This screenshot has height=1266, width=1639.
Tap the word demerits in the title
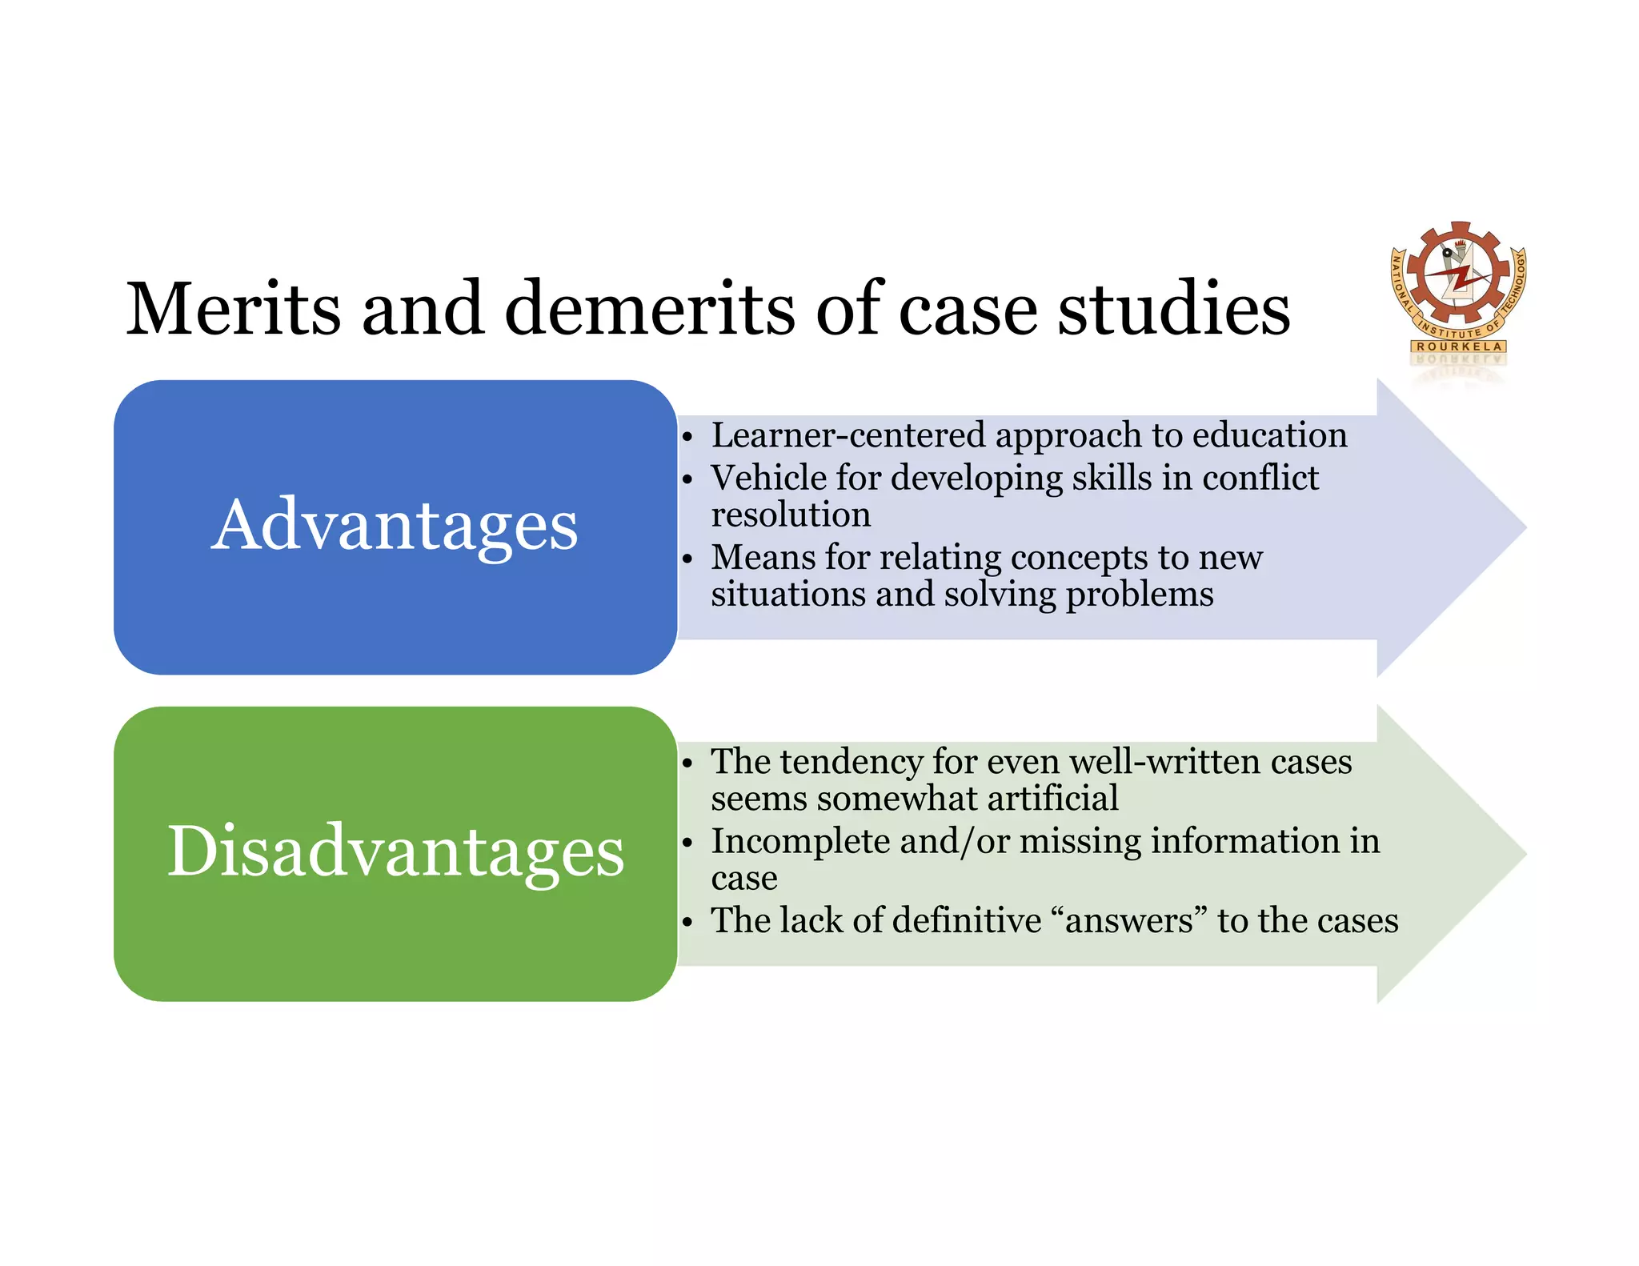651,309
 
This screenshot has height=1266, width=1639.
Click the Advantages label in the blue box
395,526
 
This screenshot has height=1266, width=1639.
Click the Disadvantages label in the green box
395,851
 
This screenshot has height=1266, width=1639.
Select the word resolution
791,515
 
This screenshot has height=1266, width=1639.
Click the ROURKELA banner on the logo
1459,347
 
